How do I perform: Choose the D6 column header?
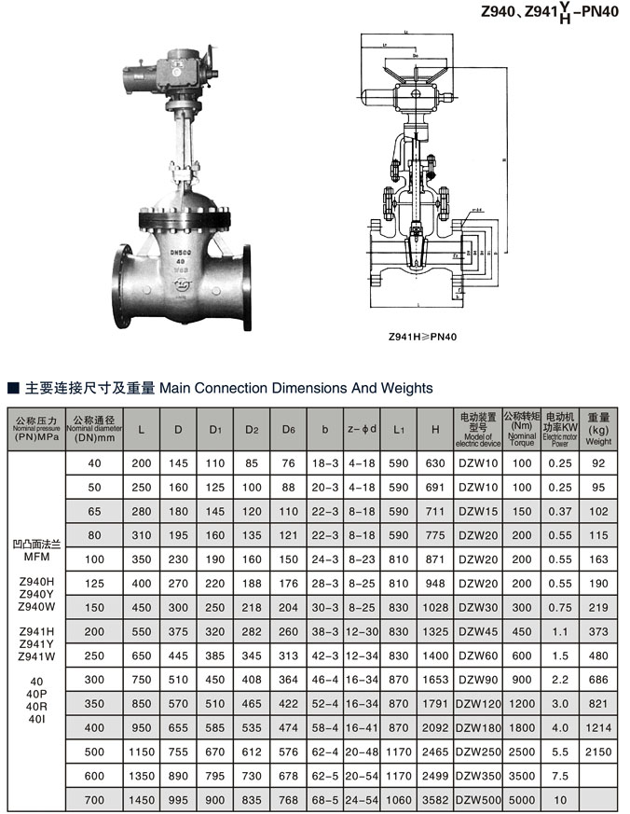pos(289,430)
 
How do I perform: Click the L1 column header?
pos(399,430)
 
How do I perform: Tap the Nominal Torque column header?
pos(522,429)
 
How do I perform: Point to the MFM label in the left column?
pos(35,555)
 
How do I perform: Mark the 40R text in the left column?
pos(35,706)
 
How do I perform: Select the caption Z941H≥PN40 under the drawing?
pos(422,338)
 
